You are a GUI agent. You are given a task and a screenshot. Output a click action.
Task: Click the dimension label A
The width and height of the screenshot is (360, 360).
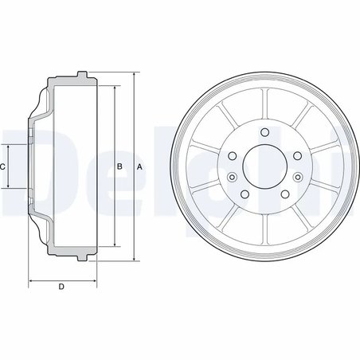139,166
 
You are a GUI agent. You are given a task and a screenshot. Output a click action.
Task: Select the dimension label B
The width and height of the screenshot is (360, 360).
119,166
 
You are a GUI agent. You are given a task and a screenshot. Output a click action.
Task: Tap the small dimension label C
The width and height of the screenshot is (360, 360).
4,166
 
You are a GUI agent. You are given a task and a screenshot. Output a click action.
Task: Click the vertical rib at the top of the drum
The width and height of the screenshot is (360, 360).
263,101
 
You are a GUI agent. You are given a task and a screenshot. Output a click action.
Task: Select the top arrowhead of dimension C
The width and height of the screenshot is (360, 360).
10,147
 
